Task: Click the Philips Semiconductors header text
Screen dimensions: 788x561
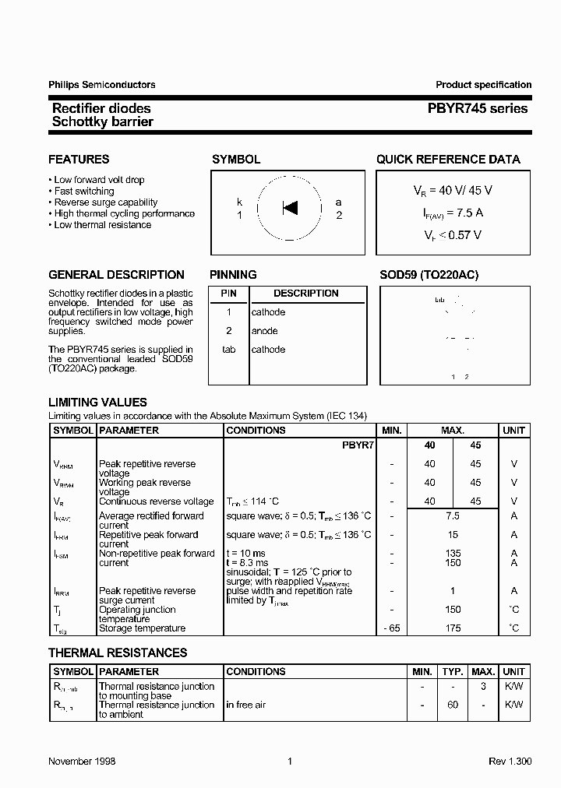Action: [x=101, y=85]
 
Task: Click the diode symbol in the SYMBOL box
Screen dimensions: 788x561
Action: [x=290, y=208]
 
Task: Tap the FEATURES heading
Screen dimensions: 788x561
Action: [x=79, y=160]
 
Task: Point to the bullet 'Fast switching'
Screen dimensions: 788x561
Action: [x=83, y=191]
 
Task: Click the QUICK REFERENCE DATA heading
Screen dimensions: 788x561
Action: [x=448, y=160]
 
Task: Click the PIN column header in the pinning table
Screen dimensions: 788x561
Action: [x=228, y=294]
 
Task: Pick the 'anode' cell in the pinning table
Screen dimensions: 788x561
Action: [x=264, y=331]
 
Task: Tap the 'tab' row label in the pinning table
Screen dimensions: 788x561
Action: [x=228, y=350]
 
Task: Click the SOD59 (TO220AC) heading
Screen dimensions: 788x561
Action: [x=429, y=275]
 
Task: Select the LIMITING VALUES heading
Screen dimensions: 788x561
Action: [x=97, y=403]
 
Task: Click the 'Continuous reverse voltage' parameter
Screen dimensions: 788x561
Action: [x=156, y=502]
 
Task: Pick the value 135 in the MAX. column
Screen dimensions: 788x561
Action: [x=453, y=554]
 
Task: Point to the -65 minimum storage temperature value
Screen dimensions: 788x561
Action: [x=391, y=628]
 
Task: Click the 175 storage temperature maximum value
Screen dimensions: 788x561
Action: [x=453, y=628]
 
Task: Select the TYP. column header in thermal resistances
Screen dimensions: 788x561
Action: [x=452, y=671]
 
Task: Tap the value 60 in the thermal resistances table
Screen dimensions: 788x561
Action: [x=452, y=705]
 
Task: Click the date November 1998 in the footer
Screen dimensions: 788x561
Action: [x=82, y=761]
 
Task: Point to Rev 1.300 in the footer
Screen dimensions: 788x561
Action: [x=510, y=761]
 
